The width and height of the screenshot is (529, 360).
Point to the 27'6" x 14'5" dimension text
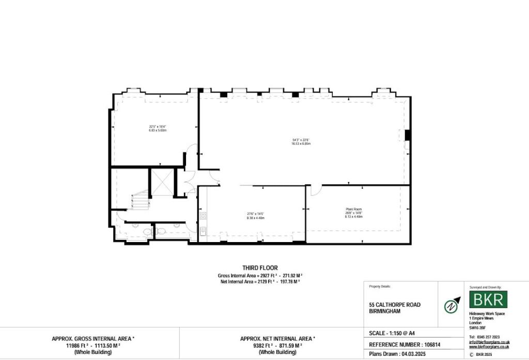pyautogui.click(x=255, y=213)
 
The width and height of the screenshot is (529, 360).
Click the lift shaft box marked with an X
pyautogui.click(x=161, y=182)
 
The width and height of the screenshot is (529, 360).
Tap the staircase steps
pyautogui.click(x=139, y=200)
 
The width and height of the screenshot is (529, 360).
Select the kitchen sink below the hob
pyautogui.click(x=203, y=232)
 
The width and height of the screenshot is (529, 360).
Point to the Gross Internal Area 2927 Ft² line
pyautogui.click(x=259, y=276)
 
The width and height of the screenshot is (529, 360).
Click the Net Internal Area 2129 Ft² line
pyautogui.click(x=259, y=281)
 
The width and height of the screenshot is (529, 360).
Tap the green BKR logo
pyautogui.click(x=488, y=299)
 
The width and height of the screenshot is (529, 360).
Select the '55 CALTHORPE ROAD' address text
pyautogui.click(x=395, y=305)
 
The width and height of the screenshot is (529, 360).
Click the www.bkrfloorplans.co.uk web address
pyautogui.click(x=489, y=347)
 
